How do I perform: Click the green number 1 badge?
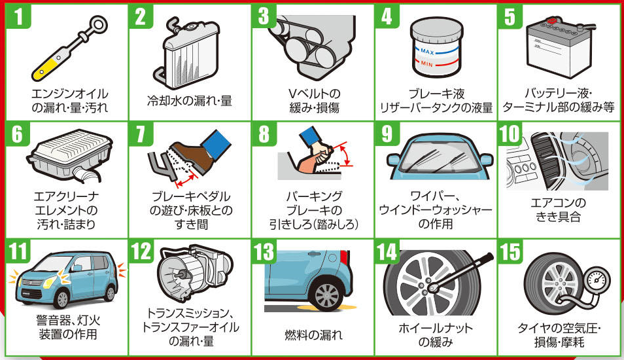coord(18,17)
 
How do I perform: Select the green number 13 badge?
coord(264,251)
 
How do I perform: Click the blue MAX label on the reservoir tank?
coord(427,51)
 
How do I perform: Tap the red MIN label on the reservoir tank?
coord(426,63)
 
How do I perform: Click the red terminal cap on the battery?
coord(551,20)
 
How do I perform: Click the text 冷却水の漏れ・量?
coord(190,101)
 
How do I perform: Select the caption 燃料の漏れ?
coord(313,335)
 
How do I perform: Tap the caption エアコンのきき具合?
coord(559,210)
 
